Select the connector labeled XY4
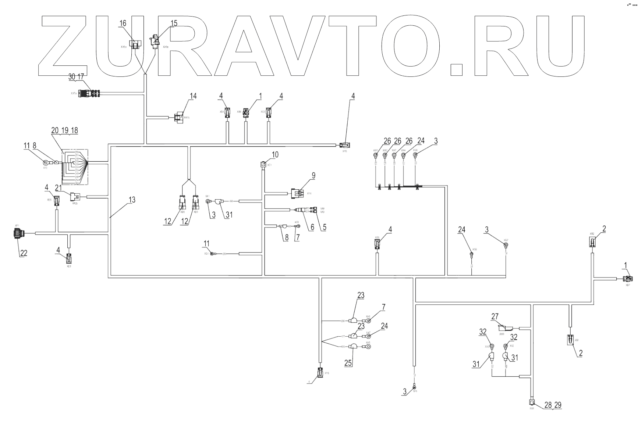point(296,193)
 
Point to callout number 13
point(132,200)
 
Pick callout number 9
point(313,175)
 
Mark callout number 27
point(495,317)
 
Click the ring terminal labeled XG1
point(213,254)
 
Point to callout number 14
point(193,96)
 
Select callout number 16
point(123,23)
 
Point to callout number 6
point(312,227)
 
